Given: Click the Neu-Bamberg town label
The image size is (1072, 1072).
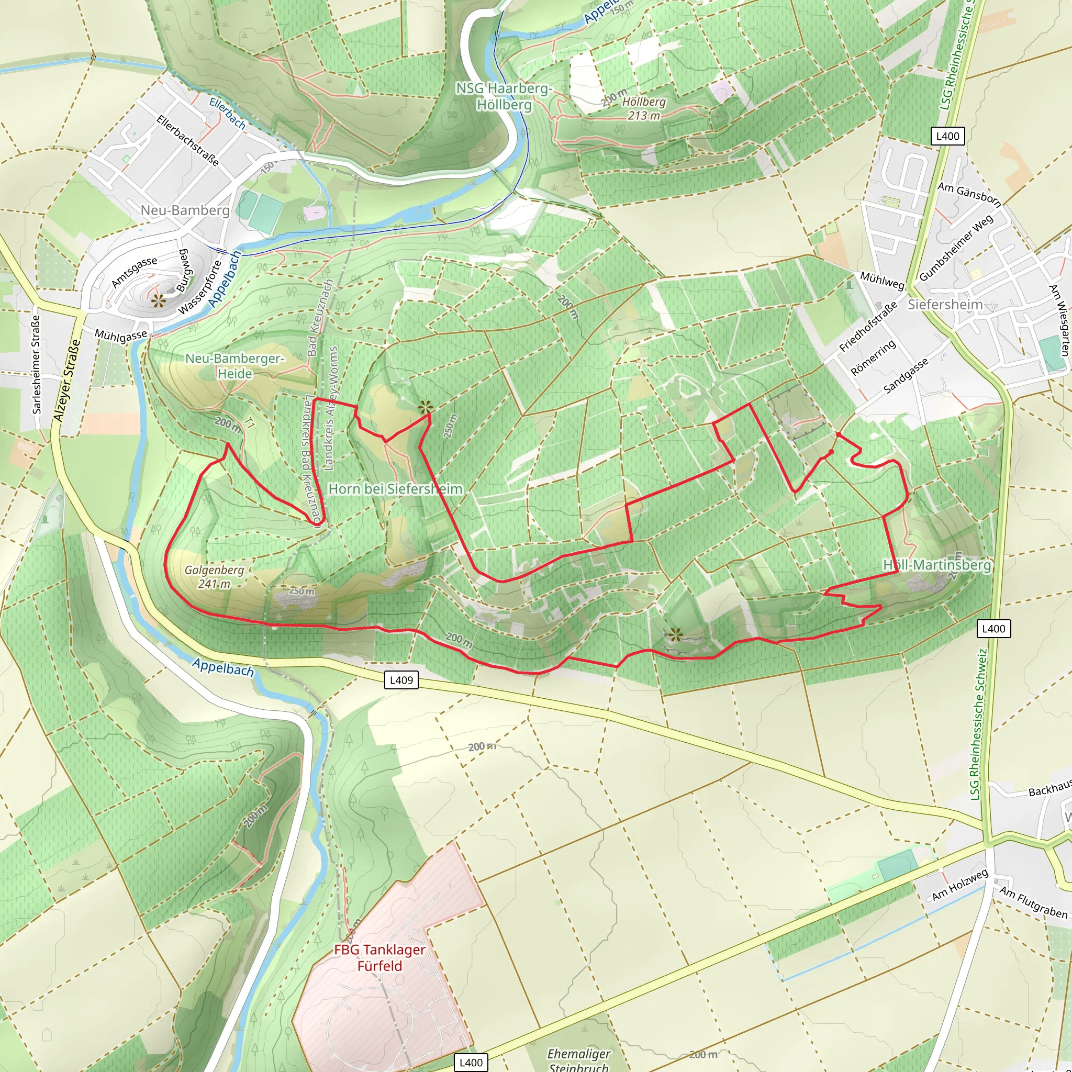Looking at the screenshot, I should [185, 210].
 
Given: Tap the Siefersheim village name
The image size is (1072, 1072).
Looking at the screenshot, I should [944, 304].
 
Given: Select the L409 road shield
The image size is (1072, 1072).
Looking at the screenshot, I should [401, 680].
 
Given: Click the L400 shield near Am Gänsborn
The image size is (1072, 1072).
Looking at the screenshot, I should [947, 136].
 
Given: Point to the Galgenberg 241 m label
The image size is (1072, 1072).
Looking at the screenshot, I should [214, 576].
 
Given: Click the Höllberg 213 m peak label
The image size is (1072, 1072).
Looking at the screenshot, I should [644, 108].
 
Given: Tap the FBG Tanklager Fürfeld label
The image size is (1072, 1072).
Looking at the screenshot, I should [379, 958].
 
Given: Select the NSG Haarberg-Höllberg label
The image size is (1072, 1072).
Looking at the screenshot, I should [504, 96].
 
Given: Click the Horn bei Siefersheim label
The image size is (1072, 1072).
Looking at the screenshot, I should [395, 489].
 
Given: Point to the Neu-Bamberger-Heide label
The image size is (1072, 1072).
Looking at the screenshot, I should [234, 366].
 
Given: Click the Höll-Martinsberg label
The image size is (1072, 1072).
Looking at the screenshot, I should [936, 565].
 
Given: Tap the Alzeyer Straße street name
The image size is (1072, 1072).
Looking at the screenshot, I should [66, 380].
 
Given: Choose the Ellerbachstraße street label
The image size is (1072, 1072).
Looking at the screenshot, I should [188, 140].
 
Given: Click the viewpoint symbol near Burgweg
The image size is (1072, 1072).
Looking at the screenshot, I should [159, 301].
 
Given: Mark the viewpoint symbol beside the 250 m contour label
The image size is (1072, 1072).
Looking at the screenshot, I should [426, 407].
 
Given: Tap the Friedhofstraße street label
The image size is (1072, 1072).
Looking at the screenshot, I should [867, 327].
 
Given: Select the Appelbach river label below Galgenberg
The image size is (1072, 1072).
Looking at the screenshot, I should [223, 667].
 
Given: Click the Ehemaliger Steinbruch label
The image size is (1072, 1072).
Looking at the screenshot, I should [578, 1059].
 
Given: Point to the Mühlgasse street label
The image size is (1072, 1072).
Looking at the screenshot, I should [121, 336].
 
